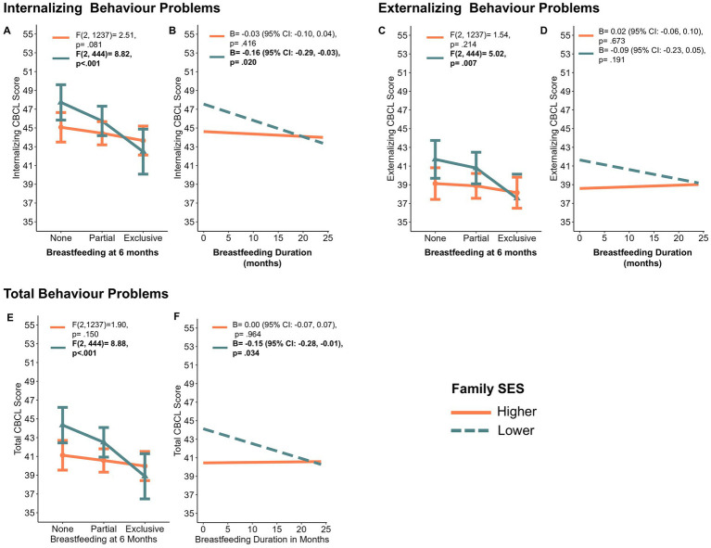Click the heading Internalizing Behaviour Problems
point(112,8)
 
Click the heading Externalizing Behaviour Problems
point(489,8)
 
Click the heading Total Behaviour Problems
point(86,294)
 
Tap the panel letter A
point(6,31)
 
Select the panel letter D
point(544,31)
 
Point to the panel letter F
point(177,316)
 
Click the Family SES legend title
point(488,389)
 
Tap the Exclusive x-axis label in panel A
point(143,238)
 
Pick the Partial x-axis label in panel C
point(476,238)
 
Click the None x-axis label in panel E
point(63,529)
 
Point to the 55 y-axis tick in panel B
point(189,34)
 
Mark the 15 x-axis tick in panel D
point(654,238)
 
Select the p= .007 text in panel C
point(463,63)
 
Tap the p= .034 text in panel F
point(246,353)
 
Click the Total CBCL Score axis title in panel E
point(18,419)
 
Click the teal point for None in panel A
point(62,103)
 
